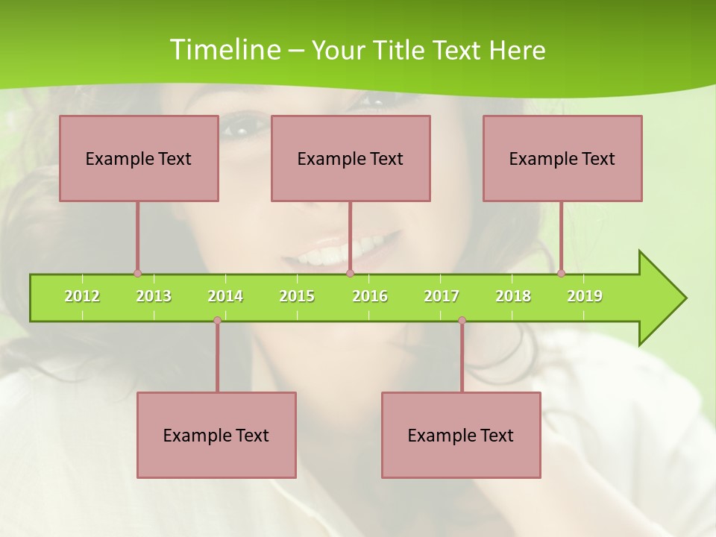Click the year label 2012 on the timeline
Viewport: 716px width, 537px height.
click(x=82, y=296)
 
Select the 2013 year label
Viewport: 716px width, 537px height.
click(x=154, y=296)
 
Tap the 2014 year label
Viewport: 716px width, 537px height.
click(x=225, y=296)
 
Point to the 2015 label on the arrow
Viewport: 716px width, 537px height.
click(x=297, y=296)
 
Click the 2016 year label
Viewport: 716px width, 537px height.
click(x=370, y=296)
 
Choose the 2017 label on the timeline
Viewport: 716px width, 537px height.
click(x=442, y=296)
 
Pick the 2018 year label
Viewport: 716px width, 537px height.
click(x=513, y=296)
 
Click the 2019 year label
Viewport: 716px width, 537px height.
click(x=585, y=296)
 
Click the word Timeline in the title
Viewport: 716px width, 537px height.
click(x=224, y=50)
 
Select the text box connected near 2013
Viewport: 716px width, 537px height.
click(x=139, y=158)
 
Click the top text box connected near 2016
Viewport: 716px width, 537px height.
click(x=351, y=158)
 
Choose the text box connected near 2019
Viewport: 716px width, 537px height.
click(x=562, y=158)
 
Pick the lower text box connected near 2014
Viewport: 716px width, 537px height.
click(x=216, y=435)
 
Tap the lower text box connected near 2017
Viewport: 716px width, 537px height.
click(x=461, y=435)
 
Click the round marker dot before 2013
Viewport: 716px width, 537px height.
click(x=137, y=274)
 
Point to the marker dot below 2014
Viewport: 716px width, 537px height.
click(x=217, y=320)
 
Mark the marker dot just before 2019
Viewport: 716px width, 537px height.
click(x=561, y=273)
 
